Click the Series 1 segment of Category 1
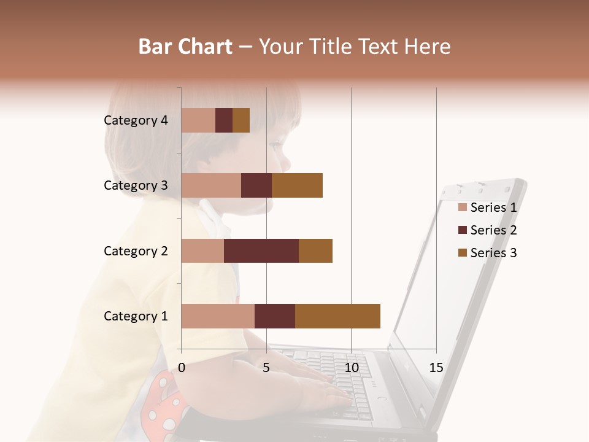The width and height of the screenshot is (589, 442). pos(218,316)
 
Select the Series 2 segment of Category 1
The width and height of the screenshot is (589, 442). pos(275,316)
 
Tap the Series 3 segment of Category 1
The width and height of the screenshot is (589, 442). pos(337,316)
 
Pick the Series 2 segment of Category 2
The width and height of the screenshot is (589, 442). pos(261,250)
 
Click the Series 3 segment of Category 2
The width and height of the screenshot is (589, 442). pos(315,250)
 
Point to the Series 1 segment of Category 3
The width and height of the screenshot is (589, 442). pos(211,185)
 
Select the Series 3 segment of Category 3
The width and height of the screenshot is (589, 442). pos(297,185)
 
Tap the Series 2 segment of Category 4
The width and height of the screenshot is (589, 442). pos(224,120)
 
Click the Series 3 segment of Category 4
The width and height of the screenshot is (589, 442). pos(241,120)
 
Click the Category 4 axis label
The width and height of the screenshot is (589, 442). pos(136,120)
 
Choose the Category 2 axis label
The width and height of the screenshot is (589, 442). pos(136,250)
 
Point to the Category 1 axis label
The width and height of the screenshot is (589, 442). pos(136,316)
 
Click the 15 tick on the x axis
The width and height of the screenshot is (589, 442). pos(436,368)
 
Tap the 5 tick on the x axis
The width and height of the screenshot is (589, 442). pos(266,368)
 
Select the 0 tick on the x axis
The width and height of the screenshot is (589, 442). pos(182,368)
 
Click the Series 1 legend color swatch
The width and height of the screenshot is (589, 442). pos(462,207)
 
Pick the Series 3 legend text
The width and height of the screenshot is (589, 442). pos(493,253)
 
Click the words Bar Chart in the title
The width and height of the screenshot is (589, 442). pos(185,47)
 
